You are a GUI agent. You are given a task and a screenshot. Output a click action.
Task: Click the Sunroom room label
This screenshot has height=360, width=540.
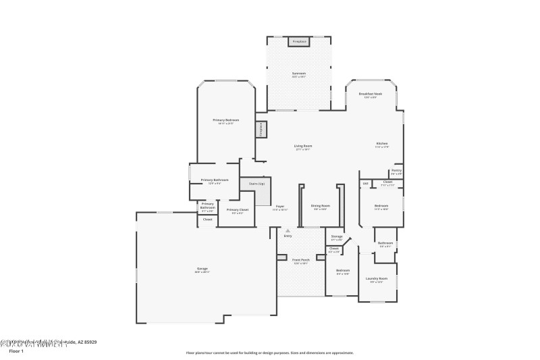point(299,73)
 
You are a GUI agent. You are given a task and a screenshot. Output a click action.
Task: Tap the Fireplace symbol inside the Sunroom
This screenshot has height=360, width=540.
point(299,42)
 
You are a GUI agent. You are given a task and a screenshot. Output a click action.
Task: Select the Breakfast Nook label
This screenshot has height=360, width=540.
point(373,94)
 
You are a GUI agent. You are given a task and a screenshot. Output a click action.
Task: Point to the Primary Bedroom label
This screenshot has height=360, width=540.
point(226,120)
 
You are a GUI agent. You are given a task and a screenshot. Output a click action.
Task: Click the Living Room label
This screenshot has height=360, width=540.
point(302,146)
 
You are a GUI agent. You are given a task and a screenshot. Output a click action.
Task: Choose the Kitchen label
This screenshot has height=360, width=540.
point(382,144)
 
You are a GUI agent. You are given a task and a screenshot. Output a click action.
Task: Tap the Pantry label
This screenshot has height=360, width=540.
point(396,170)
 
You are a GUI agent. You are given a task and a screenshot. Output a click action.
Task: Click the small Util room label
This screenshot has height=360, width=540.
point(365,183)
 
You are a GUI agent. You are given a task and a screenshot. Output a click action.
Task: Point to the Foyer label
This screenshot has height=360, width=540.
point(279,206)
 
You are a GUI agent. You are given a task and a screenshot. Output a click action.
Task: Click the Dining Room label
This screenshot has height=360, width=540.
point(320,206)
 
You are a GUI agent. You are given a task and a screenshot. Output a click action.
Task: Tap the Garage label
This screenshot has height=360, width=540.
point(202,269)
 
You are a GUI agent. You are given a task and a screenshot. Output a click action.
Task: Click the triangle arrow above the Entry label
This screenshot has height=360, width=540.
point(288,230)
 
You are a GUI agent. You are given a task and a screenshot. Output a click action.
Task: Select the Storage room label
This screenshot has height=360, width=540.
point(336,237)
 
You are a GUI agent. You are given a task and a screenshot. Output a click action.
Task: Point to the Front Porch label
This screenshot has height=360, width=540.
point(300,259)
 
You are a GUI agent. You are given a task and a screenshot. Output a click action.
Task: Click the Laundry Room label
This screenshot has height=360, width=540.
point(377,278)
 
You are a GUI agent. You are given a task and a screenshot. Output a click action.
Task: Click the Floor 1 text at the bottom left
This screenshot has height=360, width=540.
point(16,351)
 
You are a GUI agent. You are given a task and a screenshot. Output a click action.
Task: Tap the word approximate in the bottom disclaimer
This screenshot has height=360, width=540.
point(340,353)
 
